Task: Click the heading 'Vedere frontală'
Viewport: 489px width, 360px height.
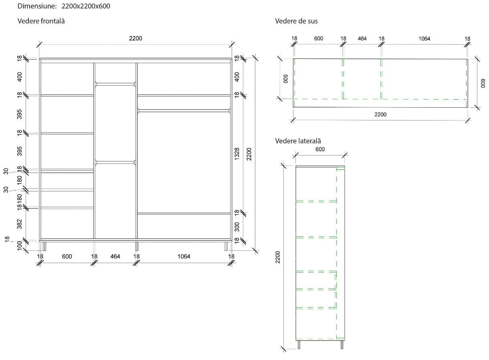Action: coord(41,21)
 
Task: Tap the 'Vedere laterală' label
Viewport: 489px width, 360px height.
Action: coord(298,141)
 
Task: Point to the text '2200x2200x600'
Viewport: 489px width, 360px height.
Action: coord(86,6)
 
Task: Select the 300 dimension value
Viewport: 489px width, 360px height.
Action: coord(237,226)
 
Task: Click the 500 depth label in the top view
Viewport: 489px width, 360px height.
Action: coord(286,78)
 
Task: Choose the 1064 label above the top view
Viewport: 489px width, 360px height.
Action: coord(424,39)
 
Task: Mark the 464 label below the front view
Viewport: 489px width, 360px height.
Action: coord(115,256)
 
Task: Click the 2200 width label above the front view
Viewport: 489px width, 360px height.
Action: coord(135,38)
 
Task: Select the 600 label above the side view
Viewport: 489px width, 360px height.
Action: coord(320,149)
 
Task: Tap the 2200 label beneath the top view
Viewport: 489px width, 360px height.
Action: coord(380,115)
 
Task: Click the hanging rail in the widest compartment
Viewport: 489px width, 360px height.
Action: coord(184,110)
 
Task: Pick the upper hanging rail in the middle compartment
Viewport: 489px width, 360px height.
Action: coord(115,84)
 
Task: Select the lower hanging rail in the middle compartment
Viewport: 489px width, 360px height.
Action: coord(115,162)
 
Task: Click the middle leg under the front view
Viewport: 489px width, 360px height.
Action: coord(137,245)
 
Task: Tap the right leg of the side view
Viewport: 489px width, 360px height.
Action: coord(342,345)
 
